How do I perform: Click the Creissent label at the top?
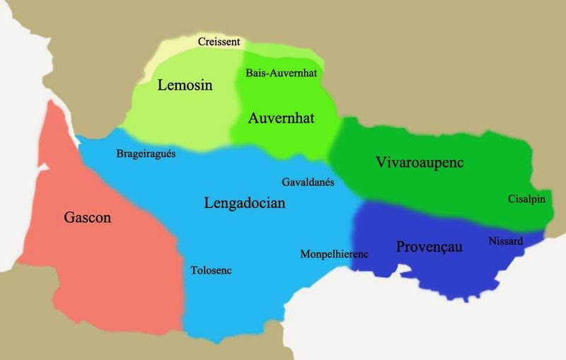click(x=219, y=42)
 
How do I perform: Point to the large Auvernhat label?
click(x=281, y=118)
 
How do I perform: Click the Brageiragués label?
click(x=145, y=153)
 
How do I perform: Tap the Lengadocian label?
click(x=244, y=204)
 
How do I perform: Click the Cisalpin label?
click(x=526, y=199)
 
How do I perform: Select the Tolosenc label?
click(x=211, y=270)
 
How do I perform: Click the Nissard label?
click(x=505, y=241)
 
